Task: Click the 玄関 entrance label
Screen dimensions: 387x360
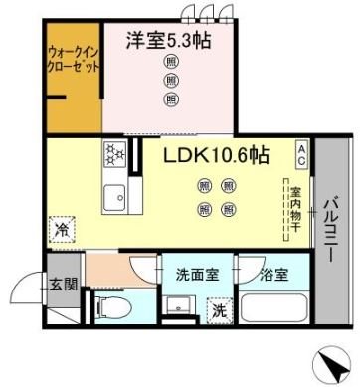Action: click(65, 285)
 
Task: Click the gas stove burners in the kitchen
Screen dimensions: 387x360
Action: click(110, 154)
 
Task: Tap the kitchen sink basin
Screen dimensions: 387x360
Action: click(111, 192)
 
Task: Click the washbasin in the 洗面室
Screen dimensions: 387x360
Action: click(178, 305)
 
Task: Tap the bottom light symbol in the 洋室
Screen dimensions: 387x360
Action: click(171, 99)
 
